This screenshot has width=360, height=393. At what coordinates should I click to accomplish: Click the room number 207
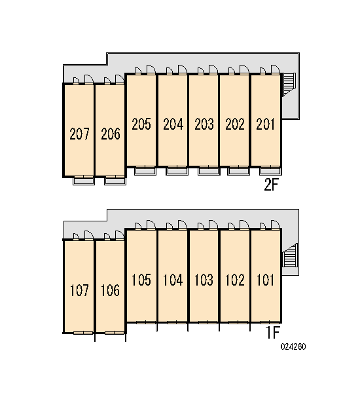point(79,134)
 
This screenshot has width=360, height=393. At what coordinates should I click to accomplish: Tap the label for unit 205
point(141,124)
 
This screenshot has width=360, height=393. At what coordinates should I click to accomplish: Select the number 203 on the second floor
point(204,124)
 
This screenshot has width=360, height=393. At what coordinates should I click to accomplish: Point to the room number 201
point(265,124)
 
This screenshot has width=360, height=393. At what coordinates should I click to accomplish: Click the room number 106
point(110,290)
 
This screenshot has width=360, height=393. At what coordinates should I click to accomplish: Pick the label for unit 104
point(173,280)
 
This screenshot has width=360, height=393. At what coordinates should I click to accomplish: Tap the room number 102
point(235,280)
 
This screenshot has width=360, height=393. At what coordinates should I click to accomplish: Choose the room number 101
point(265,280)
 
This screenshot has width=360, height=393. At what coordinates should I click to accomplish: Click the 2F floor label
point(272,185)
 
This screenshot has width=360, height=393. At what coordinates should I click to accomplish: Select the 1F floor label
point(272,333)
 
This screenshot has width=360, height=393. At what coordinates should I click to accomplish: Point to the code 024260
point(293,346)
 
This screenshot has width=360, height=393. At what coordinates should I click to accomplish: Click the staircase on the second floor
point(289,84)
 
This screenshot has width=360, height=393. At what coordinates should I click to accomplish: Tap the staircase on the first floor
point(290,255)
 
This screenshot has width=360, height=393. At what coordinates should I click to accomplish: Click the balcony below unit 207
point(84,181)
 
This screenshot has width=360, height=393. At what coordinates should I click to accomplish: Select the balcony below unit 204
point(177,171)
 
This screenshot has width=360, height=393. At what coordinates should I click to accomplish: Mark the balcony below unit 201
point(270,171)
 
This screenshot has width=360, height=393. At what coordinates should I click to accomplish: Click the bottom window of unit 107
point(83,333)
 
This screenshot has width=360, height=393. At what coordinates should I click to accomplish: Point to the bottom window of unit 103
point(208,322)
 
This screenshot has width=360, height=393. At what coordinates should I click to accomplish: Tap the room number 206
point(111,134)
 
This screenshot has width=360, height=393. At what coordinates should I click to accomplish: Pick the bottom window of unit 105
point(146,322)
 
